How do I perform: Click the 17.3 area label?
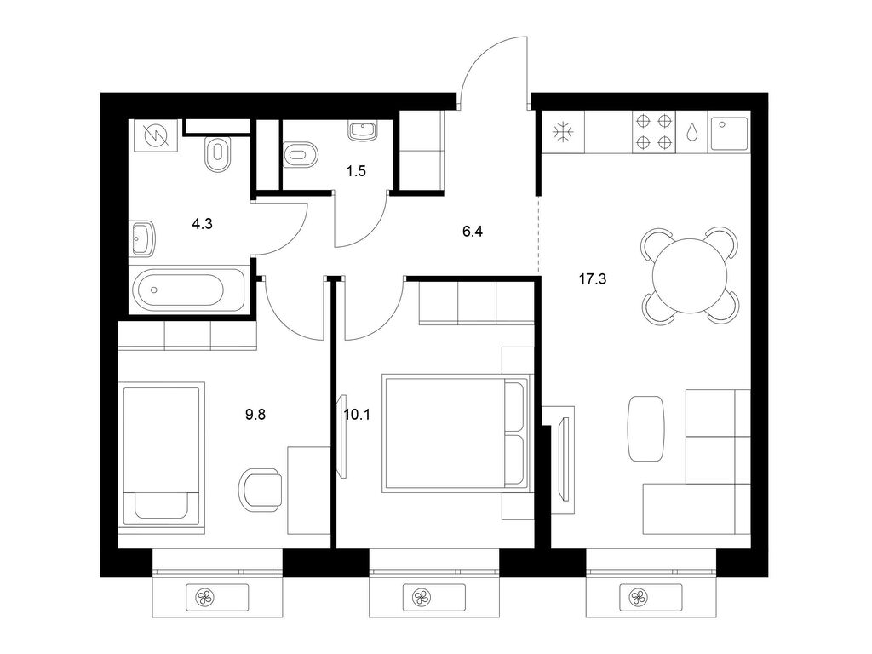pyautogui.click(x=593, y=279)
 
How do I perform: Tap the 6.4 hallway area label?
pyautogui.click(x=472, y=232)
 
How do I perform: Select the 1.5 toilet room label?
pyautogui.click(x=356, y=171)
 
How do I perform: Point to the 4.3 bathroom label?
pyautogui.click(x=202, y=224)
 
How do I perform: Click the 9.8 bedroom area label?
pyautogui.click(x=255, y=415)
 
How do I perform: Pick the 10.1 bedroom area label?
pyautogui.click(x=357, y=415)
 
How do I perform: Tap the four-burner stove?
pyautogui.click(x=653, y=132)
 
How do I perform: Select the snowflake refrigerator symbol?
pyautogui.click(x=563, y=132)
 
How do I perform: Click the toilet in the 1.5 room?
pyautogui.click(x=301, y=154)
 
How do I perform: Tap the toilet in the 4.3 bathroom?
pyautogui.click(x=217, y=154)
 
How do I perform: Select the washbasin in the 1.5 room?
pyautogui.click(x=363, y=132)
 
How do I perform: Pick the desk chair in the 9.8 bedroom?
pyautogui.click(x=261, y=490)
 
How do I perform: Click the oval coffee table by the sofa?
pyautogui.click(x=645, y=428)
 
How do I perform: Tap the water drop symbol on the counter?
pyautogui.click(x=691, y=132)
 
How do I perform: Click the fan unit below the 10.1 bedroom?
pyautogui.click(x=422, y=598)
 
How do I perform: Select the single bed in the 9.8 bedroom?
pyautogui.click(x=161, y=453)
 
